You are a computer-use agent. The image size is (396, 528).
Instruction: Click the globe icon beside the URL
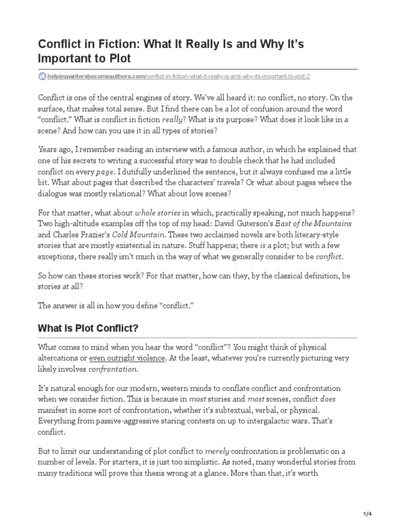click(x=42, y=76)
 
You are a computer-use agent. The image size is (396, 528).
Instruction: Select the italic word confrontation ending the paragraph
click(x=113, y=369)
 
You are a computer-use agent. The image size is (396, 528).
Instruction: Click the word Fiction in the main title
click(x=106, y=44)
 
